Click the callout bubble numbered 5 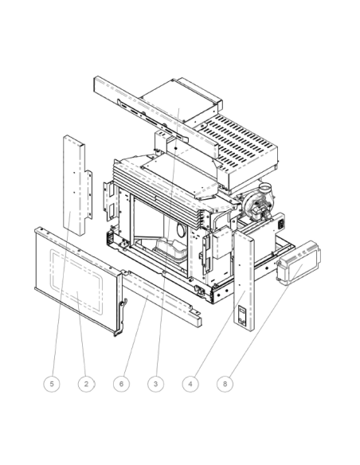click(52, 383)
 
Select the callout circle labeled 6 click(122, 383)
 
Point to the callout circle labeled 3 click(156, 383)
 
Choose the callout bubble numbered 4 click(191, 383)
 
